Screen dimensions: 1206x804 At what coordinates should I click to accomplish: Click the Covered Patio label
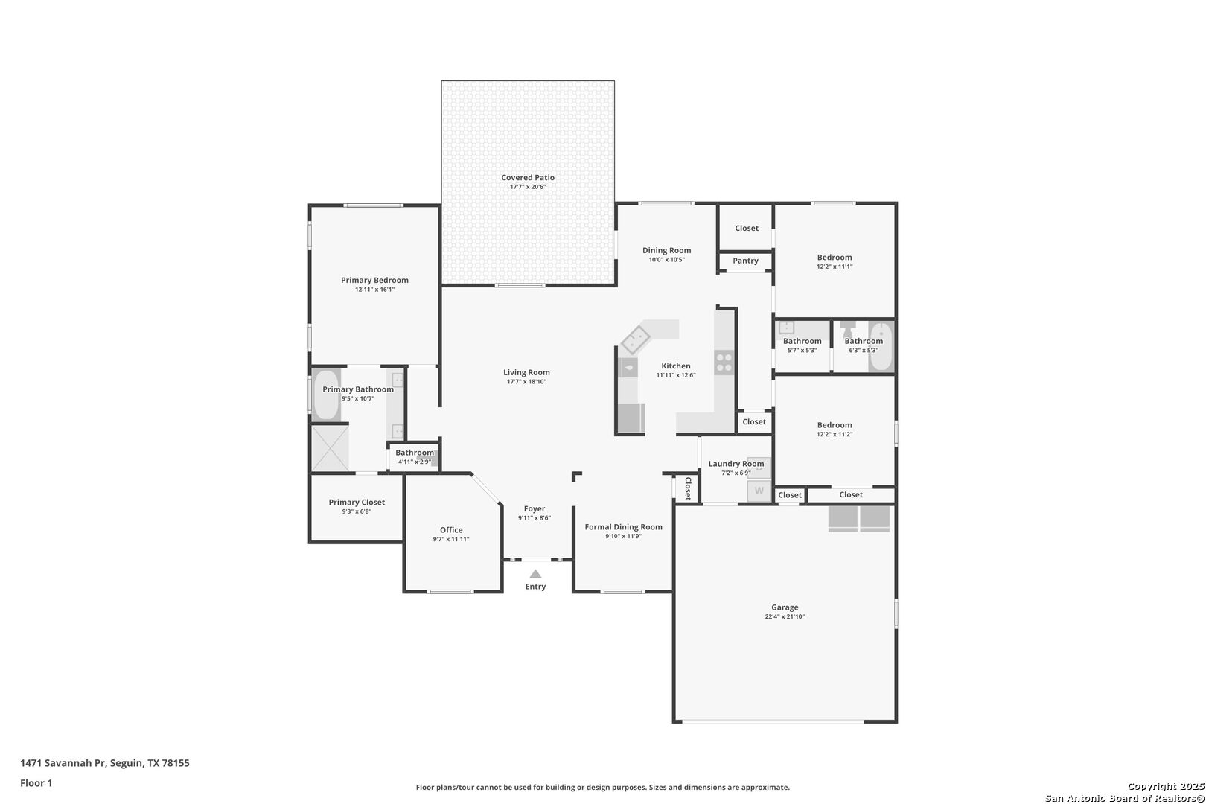point(528,178)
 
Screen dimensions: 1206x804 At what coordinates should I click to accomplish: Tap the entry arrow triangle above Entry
point(535,574)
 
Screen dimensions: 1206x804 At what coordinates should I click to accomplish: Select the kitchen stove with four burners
point(724,362)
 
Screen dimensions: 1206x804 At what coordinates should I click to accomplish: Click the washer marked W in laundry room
point(759,491)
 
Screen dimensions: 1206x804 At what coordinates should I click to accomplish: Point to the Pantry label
point(746,261)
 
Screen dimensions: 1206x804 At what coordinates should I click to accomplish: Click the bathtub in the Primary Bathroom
point(326,395)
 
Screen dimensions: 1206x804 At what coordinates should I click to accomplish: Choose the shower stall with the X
point(330,448)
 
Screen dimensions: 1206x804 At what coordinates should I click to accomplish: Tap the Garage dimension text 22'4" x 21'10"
point(785,616)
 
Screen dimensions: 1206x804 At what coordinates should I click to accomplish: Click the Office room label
point(451,530)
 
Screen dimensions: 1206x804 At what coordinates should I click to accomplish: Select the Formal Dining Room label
point(623,527)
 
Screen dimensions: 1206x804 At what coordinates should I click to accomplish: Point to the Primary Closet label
point(357,502)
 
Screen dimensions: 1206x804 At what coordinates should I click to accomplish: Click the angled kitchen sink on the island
point(636,339)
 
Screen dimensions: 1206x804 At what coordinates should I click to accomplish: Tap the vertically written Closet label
point(688,488)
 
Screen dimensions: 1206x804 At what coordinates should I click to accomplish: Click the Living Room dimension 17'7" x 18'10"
point(526,382)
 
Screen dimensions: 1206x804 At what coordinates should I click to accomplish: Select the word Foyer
point(535,509)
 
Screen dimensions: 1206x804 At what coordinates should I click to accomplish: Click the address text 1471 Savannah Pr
point(63,763)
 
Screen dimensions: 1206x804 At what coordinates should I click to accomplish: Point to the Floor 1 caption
point(36,783)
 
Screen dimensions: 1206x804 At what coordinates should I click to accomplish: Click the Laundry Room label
point(736,464)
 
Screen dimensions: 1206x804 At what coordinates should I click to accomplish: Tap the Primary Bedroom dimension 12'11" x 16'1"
point(374,290)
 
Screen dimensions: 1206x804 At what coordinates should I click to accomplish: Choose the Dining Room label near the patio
point(666,250)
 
